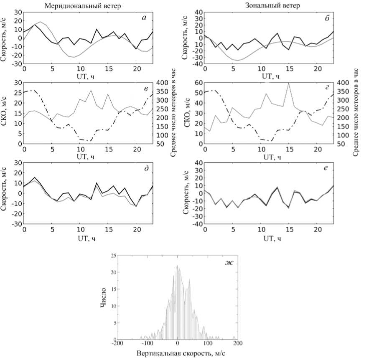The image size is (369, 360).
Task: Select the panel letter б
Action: point(326,17)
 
